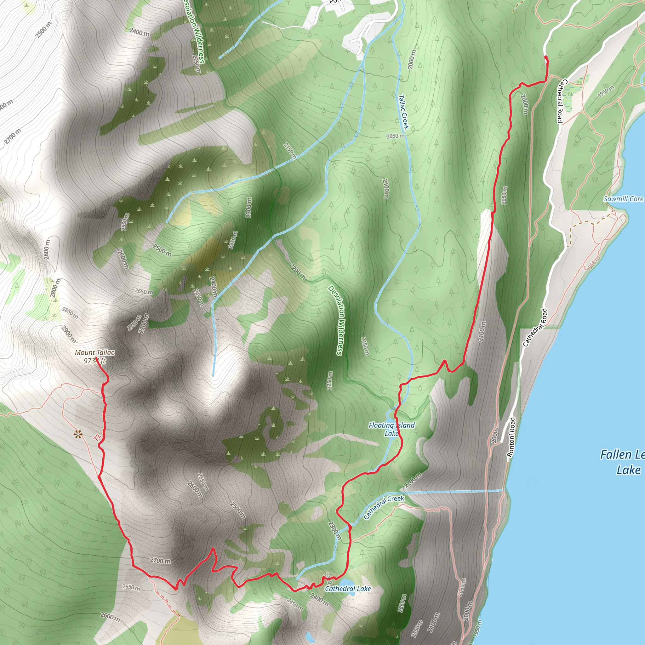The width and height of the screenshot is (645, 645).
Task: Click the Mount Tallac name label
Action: (95, 352)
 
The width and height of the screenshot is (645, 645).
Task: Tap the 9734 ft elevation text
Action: (94, 361)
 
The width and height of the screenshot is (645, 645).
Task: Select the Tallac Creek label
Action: (404, 112)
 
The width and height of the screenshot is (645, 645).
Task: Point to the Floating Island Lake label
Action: (391, 429)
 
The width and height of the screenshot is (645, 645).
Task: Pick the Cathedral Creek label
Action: (384, 507)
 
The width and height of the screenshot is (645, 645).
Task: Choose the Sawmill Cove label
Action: (623, 199)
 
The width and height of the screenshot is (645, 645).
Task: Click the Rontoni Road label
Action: (511, 437)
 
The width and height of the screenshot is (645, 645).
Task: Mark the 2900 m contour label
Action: (69, 334)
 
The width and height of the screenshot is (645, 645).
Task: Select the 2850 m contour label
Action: (70, 313)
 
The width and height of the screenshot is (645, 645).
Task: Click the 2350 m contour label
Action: (233, 240)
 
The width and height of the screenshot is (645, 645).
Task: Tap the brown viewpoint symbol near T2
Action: (78, 434)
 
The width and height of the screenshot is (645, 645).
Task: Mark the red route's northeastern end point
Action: (545, 57)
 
